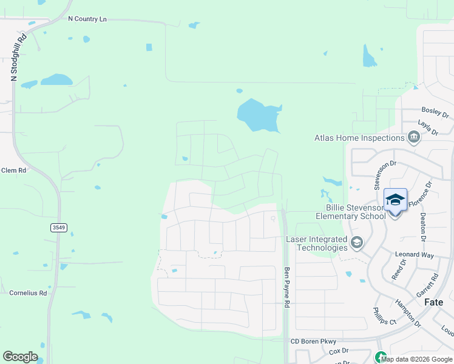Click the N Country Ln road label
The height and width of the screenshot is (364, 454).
click(87, 19)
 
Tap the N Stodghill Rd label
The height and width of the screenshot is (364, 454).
click(18, 56)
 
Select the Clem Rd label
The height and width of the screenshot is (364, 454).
click(13, 170)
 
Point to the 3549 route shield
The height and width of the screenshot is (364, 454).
click(59, 227)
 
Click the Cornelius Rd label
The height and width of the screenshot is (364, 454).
click(28, 293)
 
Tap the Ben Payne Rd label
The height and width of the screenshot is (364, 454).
click(288, 288)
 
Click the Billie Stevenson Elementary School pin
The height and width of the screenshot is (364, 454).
click(395, 200)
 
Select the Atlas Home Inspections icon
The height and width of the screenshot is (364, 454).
click(415, 138)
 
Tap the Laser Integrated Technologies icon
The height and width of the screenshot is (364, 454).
click(357, 243)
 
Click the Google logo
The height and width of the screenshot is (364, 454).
click(21, 357)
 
